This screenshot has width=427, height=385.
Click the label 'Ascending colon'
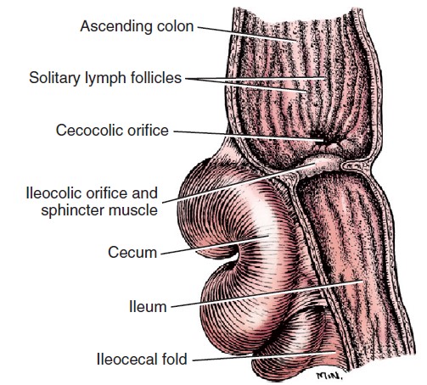[137, 26]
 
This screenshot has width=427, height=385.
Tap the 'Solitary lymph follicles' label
[105, 78]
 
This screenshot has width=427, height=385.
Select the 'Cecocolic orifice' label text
[112, 131]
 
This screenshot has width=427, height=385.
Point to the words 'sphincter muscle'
[99, 210]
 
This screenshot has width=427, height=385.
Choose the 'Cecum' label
[132, 253]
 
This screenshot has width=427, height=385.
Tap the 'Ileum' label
[148, 307]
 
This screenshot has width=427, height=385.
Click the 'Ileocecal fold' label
[142, 360]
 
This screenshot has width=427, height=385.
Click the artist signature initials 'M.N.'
[330, 376]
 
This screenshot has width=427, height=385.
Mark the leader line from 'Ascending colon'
[247, 34]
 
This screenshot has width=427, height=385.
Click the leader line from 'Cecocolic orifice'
[248, 136]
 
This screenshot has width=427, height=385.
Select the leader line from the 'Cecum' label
[215, 245]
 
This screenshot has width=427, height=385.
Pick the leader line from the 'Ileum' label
[267, 294]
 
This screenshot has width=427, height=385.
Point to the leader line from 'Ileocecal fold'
[264, 356]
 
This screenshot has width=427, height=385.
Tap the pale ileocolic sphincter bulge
[323, 165]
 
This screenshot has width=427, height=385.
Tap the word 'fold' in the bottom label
[175, 360]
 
